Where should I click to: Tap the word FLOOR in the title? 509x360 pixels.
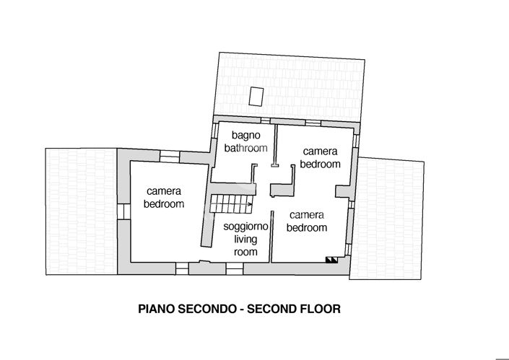(x=319, y=309)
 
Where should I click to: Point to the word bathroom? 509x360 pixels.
(x=245, y=148)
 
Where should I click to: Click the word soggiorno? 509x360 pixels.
(x=245, y=227)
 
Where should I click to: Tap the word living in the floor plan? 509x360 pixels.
(x=245, y=240)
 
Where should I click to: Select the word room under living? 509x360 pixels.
(x=245, y=253)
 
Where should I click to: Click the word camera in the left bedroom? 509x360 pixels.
(x=164, y=191)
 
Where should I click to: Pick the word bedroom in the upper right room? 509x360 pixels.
(x=320, y=164)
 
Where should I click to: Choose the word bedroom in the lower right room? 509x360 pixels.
(x=307, y=228)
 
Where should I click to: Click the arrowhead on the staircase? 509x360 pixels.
(x=249, y=205)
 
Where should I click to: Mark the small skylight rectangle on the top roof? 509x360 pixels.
(x=256, y=95)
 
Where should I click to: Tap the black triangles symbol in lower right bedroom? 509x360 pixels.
(x=331, y=260)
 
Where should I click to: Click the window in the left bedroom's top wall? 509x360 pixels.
(x=168, y=154)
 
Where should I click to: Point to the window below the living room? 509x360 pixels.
(x=234, y=268)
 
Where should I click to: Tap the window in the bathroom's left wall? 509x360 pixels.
(x=213, y=134)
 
